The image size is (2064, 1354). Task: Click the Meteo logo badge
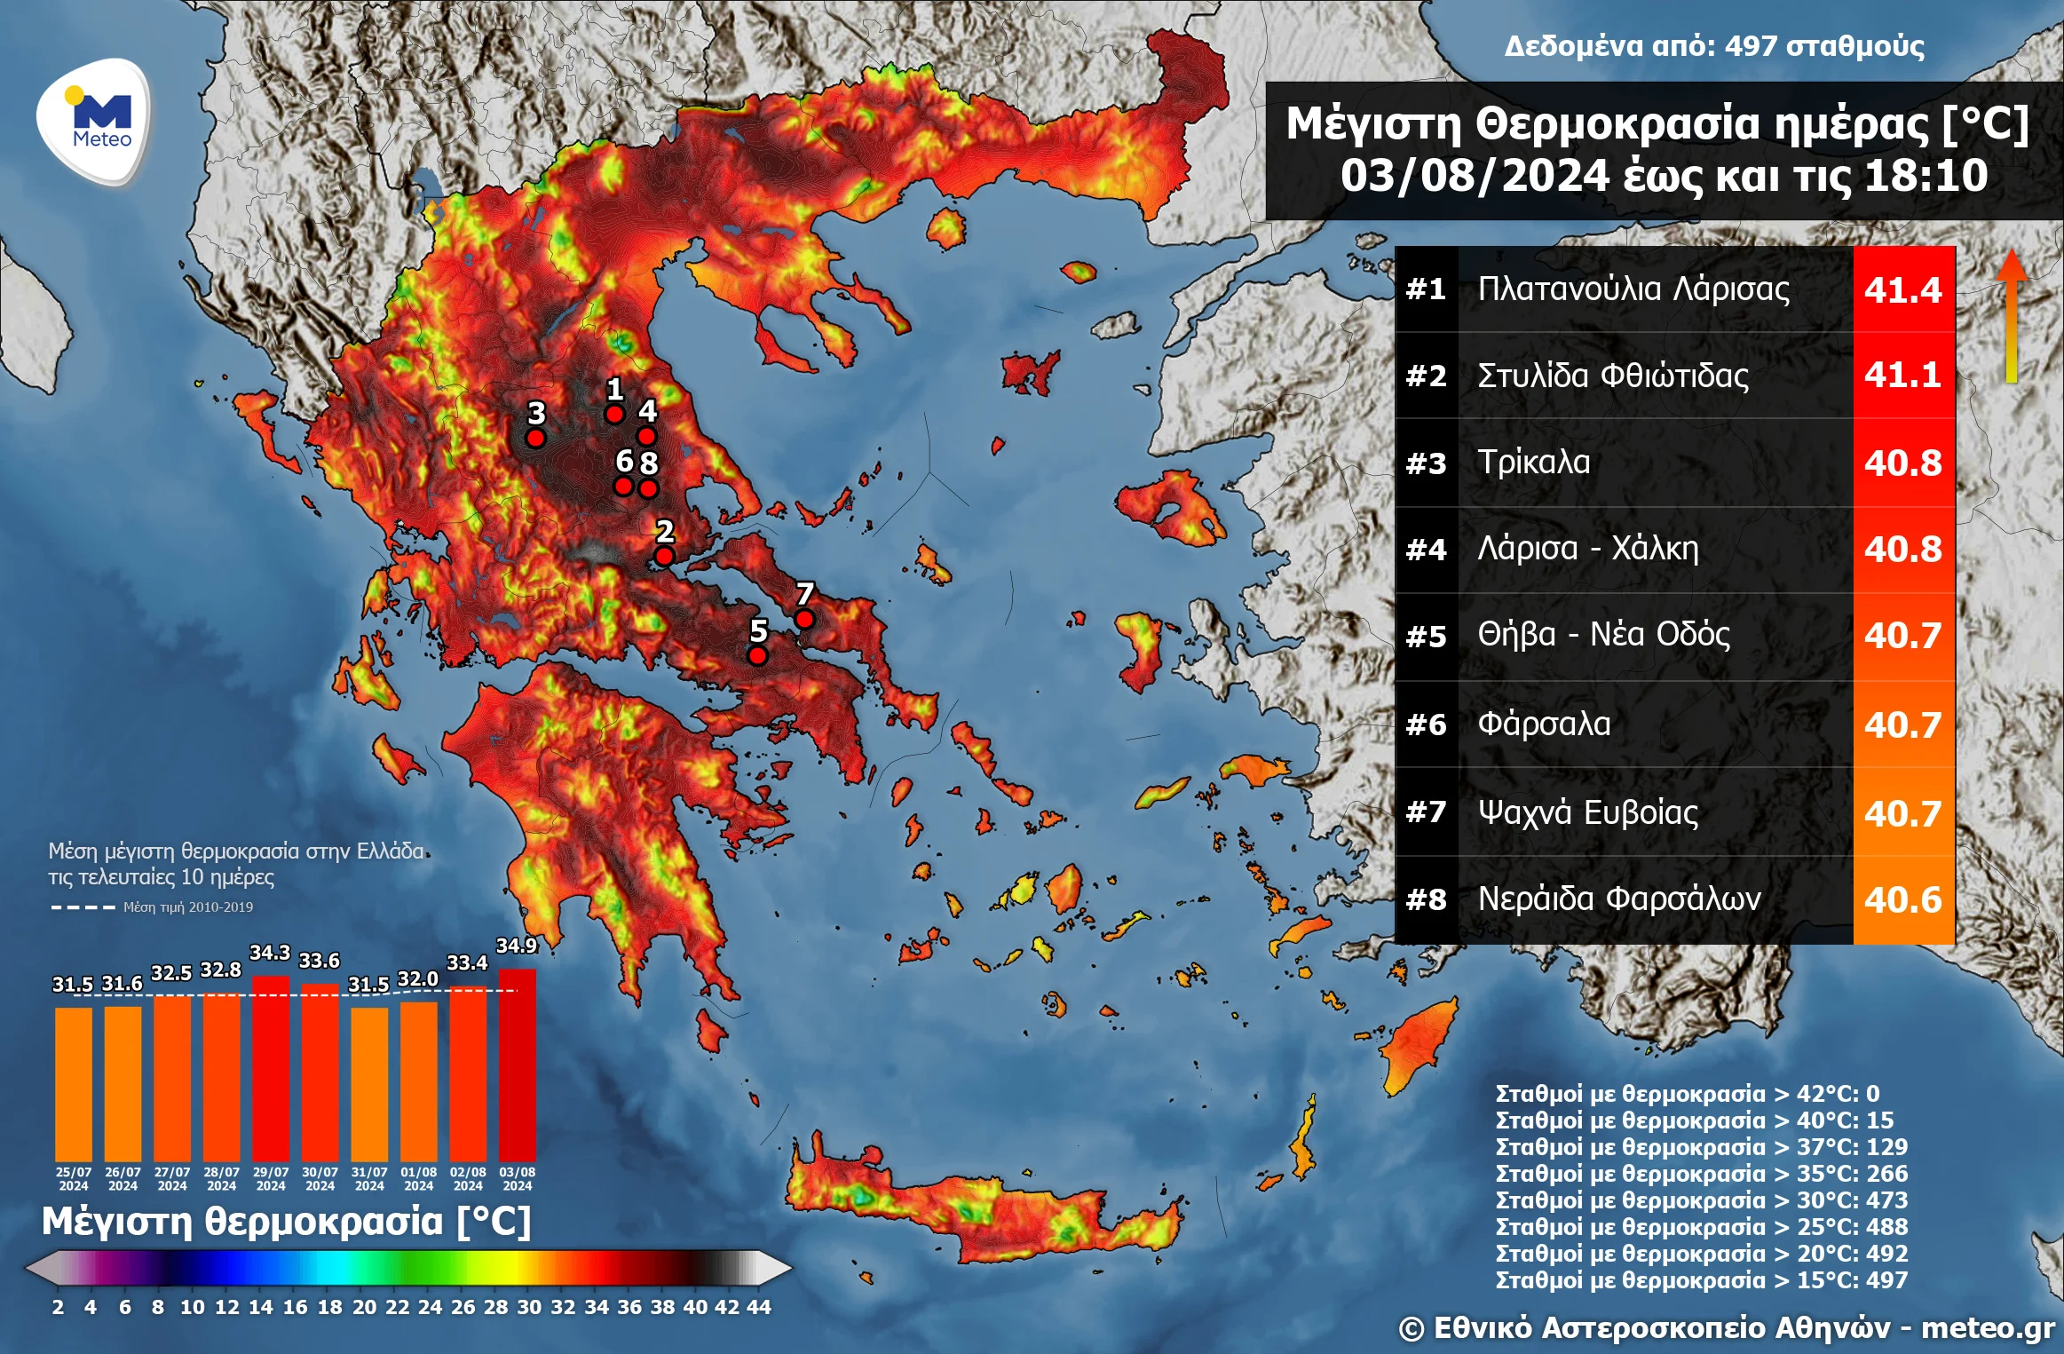click(94, 122)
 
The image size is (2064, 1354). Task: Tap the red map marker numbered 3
click(535, 438)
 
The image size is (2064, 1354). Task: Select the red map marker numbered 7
click(804, 619)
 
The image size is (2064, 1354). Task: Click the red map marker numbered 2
click(664, 557)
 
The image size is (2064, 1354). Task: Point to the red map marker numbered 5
click(757, 655)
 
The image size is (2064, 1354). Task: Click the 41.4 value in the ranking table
click(1902, 289)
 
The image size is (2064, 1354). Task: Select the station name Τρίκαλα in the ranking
click(1533, 462)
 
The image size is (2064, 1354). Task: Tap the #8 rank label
click(1426, 899)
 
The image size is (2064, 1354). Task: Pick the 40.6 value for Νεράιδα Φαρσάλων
click(1902, 899)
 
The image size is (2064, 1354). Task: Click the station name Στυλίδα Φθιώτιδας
click(1612, 376)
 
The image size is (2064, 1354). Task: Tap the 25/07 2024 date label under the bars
click(74, 1179)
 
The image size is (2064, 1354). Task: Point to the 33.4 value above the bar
click(467, 963)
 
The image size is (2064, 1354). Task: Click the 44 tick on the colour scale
click(758, 1307)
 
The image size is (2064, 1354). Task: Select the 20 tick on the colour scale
click(364, 1307)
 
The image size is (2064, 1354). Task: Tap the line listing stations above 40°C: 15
click(1694, 1120)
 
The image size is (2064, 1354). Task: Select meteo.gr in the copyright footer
click(1988, 1328)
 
